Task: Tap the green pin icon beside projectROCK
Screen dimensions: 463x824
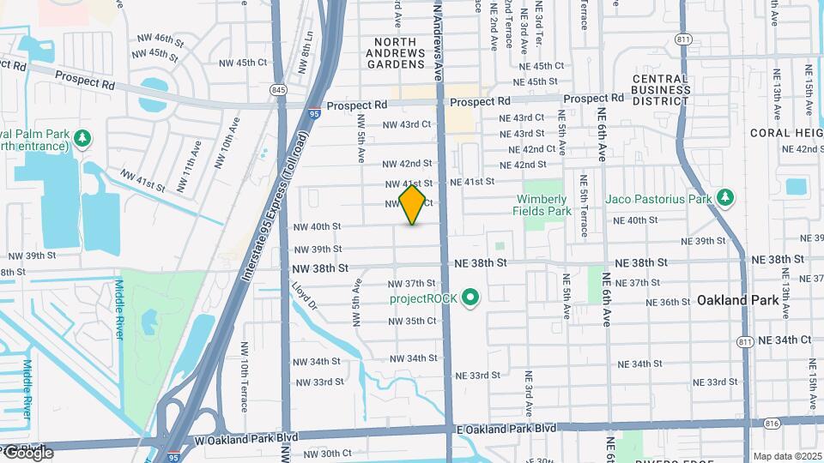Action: (470, 298)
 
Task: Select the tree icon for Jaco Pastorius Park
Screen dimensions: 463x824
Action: (726, 199)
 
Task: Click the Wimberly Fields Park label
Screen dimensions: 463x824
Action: (542, 205)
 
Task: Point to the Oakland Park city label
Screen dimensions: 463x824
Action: (737, 300)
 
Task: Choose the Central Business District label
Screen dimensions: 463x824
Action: (660, 90)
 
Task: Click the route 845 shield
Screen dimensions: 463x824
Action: (278, 89)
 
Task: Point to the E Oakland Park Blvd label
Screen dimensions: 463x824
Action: (506, 428)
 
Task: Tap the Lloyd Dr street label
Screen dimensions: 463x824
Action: (305, 296)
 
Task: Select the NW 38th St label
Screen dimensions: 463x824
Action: (320, 268)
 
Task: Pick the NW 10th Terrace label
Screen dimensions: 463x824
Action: (244, 385)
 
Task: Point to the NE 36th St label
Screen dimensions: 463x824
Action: (669, 302)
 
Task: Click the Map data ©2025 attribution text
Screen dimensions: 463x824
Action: (786, 456)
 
